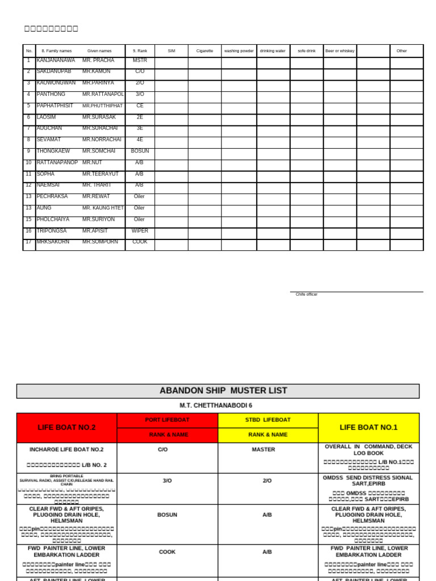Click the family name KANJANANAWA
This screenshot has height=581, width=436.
(56, 60)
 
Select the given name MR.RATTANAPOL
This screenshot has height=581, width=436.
(103, 94)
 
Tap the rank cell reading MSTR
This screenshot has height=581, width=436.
(140, 60)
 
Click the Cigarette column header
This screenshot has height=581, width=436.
(205, 51)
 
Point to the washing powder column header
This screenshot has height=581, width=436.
(239, 51)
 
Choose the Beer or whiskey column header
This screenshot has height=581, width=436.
(339, 51)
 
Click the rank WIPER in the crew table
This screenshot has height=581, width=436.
(140, 231)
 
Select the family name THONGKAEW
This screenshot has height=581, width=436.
(53, 151)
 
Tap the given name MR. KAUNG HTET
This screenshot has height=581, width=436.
(103, 208)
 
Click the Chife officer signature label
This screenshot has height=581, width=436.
(307, 294)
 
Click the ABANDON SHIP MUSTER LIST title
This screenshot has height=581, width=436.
(223, 391)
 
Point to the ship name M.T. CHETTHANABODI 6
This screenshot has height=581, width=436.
(216, 406)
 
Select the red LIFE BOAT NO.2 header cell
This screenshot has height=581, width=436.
(66, 428)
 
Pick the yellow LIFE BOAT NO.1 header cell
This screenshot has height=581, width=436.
(368, 428)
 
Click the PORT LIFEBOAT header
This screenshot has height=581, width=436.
(167, 420)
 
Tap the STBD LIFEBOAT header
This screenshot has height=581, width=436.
(268, 420)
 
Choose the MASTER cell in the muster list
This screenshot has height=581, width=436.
(263, 449)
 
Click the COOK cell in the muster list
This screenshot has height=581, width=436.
(167, 551)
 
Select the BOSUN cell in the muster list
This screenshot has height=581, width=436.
(167, 515)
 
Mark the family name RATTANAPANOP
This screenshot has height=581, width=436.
(57, 163)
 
